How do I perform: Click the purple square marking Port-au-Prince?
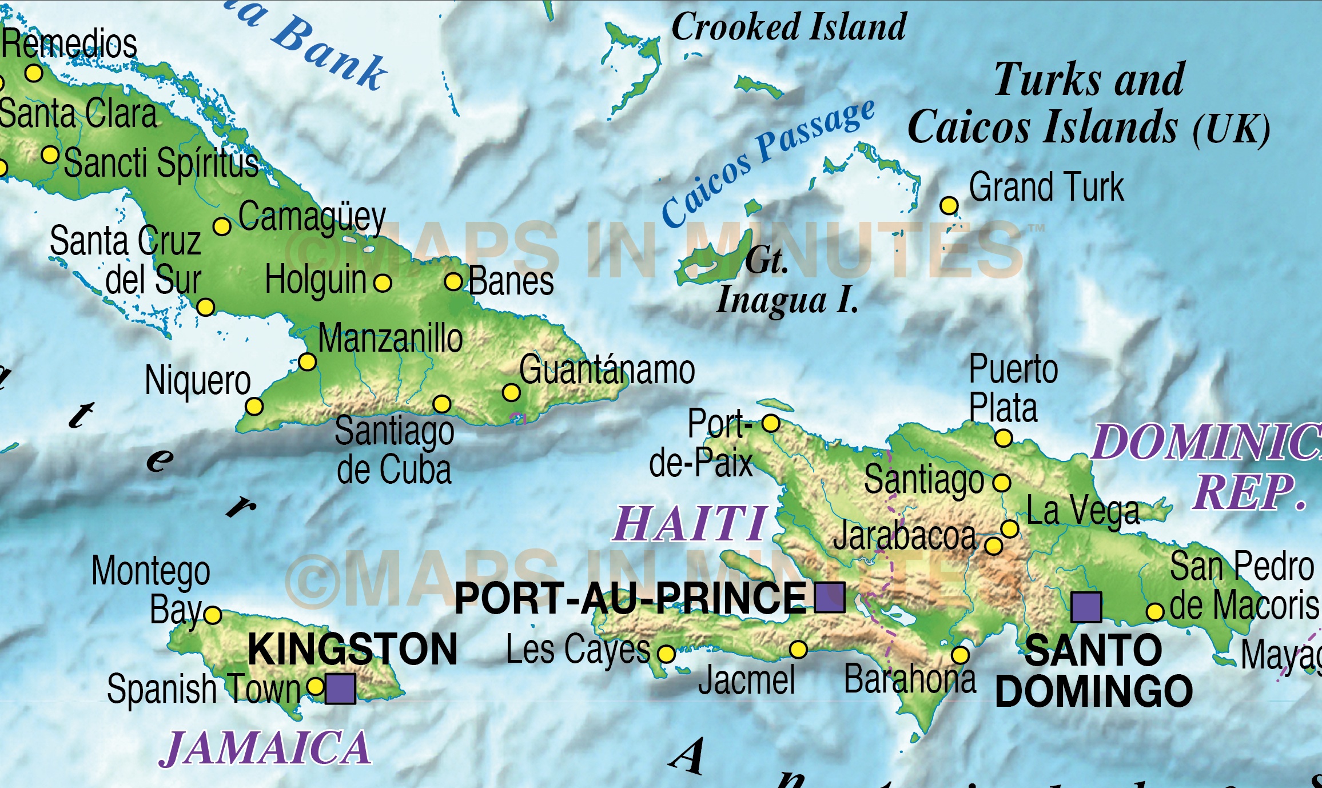click(829, 597)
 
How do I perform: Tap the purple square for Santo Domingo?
click(1086, 607)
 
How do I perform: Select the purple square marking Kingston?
click(340, 688)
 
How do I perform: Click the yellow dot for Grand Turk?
click(949, 205)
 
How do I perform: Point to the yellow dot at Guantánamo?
click(511, 392)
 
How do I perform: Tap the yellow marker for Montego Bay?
click(213, 615)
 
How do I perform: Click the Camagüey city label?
click(312, 217)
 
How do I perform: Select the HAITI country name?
click(690, 524)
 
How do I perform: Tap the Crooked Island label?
click(789, 27)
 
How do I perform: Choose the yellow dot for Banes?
click(453, 281)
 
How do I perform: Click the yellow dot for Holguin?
click(383, 282)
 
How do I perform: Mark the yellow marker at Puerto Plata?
click(1003, 438)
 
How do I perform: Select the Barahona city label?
click(910, 679)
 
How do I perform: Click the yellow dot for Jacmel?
click(798, 649)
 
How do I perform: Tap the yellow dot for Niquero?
click(254, 407)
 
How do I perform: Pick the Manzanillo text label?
click(390, 339)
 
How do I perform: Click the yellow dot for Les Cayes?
click(666, 654)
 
